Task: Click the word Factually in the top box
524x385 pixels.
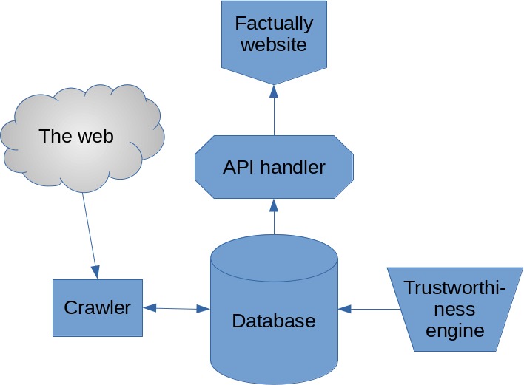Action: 274,23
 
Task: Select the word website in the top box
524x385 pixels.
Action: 274,44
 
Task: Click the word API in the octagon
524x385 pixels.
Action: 240,168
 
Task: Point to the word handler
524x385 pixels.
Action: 293,168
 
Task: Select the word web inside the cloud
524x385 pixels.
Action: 97,136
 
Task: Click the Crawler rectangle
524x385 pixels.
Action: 97,307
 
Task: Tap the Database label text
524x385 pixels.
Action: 274,321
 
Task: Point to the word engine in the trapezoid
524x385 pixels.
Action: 454,330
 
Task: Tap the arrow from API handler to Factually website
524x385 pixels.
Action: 274,111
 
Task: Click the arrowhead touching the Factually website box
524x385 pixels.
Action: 274,92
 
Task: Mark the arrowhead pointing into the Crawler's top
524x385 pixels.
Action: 95,271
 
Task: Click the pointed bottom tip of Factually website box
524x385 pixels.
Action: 274,83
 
